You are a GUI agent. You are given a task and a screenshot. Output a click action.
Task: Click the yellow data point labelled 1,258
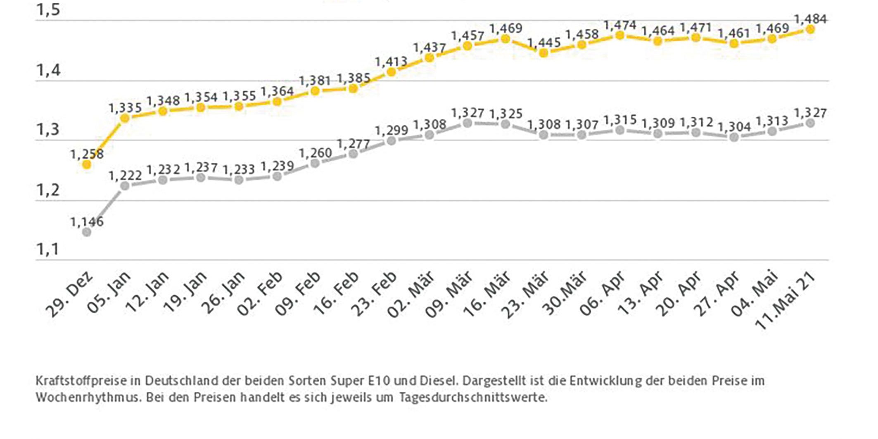coord(87,164)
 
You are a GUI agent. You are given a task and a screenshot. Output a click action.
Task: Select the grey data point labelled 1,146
coord(87,232)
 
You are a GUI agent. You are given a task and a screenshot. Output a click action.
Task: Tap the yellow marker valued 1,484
coord(810,29)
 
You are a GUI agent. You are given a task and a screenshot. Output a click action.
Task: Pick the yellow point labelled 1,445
coord(543,53)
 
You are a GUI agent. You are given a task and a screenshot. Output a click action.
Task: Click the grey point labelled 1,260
coord(315,163)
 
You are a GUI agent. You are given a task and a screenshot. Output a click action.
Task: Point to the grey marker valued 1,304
coord(734,137)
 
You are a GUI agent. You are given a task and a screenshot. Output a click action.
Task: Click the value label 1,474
coord(619,26)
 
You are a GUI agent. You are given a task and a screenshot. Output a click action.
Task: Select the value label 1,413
coord(391,62)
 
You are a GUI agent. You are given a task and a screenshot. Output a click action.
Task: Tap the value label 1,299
coord(391,131)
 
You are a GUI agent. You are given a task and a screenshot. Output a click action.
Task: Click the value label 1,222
coord(125,176)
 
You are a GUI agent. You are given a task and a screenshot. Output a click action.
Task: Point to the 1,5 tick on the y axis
coord(48,10)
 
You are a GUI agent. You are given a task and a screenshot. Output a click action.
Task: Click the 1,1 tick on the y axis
coord(48,249)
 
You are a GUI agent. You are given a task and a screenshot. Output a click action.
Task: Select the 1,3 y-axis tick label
coord(48,130)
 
